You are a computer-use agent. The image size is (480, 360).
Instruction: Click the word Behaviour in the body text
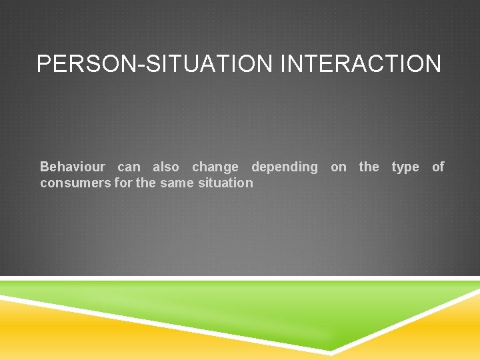(73, 167)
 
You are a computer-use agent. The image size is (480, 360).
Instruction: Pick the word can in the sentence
(129, 167)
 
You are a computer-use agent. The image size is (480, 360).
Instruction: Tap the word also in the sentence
(166, 167)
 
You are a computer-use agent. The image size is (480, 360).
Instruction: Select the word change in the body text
(215, 167)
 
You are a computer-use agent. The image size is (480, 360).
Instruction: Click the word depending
(285, 167)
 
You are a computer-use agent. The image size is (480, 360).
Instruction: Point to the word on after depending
(339, 167)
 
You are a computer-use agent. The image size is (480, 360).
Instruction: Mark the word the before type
(369, 167)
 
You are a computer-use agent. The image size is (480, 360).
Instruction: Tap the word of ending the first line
(438, 167)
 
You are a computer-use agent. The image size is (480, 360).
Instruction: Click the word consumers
(75, 183)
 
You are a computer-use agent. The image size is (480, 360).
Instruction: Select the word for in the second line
(123, 183)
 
